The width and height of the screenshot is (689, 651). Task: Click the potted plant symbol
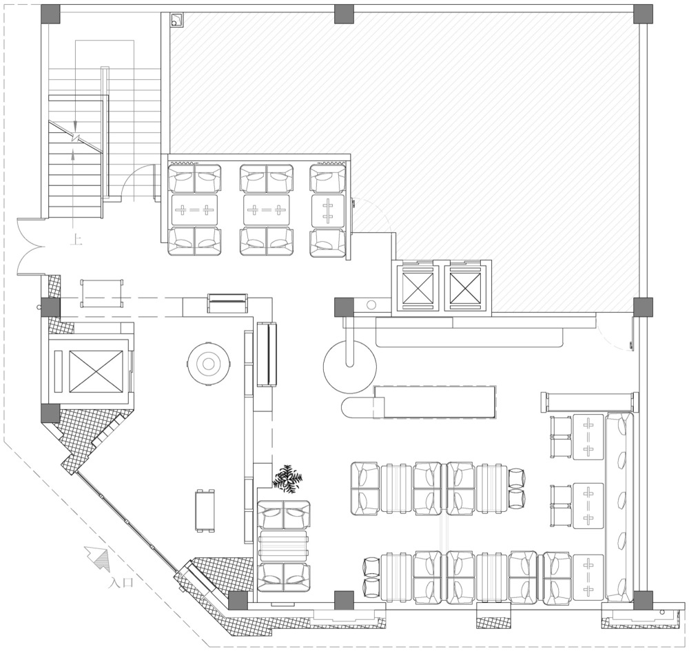pos(287,478)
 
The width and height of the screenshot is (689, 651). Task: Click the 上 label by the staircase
pos(76,240)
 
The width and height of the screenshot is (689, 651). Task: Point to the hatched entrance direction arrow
pos(97,557)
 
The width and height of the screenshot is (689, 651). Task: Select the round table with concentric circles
pos(209,363)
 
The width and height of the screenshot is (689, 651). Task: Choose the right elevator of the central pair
pos(465,288)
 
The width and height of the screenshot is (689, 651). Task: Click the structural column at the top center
pos(344,14)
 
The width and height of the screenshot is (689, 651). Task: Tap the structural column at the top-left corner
pos(50,14)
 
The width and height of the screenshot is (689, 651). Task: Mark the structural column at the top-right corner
pos(642,14)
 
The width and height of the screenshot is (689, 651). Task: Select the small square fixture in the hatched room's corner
pos(177,20)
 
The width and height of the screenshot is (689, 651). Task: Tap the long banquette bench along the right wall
pos(619,507)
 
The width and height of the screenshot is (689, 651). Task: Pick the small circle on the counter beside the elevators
pos(371,304)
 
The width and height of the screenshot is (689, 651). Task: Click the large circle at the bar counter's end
pos(350,366)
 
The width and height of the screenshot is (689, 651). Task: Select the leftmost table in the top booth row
pos(194,210)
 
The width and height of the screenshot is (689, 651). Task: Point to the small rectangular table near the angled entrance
pos(205,510)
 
